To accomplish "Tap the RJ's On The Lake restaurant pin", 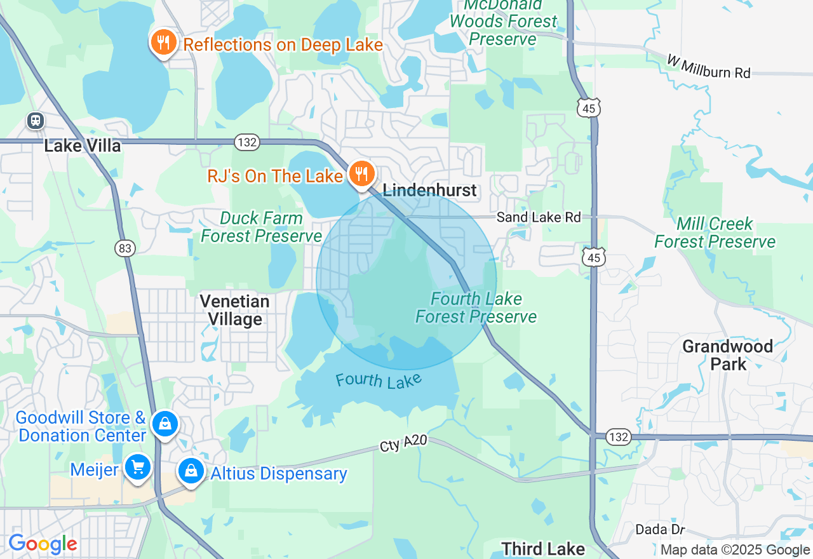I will click(362, 173).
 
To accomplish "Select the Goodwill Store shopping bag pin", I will click(165, 423).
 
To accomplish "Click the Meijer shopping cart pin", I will click(137, 468).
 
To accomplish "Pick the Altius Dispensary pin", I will click(191, 471).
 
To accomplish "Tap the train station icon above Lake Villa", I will click(36, 121).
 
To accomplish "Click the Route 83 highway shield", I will click(126, 248).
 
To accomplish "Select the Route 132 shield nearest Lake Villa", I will click(246, 142).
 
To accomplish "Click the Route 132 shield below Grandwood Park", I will click(617, 436).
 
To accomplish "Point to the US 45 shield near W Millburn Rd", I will click(589, 109).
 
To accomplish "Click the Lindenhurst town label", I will click(429, 191).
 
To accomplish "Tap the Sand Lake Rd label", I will click(539, 217).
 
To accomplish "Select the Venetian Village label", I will click(235, 310).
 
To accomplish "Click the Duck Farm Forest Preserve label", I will click(261, 227).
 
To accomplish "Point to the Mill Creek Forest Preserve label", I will click(715, 232).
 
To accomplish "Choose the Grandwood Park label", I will click(728, 355).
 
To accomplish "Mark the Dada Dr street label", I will click(661, 530).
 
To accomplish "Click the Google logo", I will click(43, 544).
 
